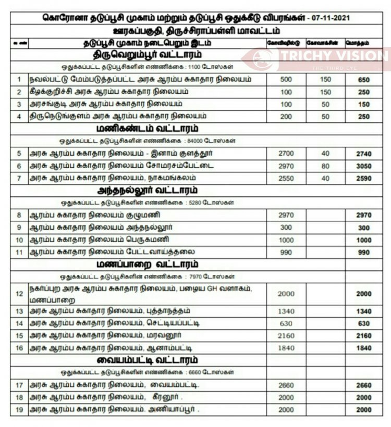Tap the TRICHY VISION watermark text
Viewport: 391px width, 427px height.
pyautogui.click(x=334, y=56)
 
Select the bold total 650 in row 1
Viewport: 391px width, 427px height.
pyautogui.click(x=364, y=80)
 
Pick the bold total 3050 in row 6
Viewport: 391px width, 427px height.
pyautogui.click(x=364, y=166)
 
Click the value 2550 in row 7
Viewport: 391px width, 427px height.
pyautogui.click(x=286, y=178)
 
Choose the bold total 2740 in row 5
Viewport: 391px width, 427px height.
pyautogui.click(x=364, y=154)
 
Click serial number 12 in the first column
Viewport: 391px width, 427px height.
pyautogui.click(x=19, y=294)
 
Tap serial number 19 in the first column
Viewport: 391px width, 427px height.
pyautogui.click(x=19, y=410)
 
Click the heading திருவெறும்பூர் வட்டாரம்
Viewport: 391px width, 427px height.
pyautogui.click(x=148, y=54)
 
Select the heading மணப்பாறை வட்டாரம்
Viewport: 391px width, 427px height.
pyautogui.click(x=148, y=264)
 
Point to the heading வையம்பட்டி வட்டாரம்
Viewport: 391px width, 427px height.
pyautogui.click(x=148, y=360)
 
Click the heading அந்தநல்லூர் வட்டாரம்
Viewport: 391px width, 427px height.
pyautogui.click(x=148, y=190)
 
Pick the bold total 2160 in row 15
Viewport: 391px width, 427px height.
pyautogui.click(x=364, y=336)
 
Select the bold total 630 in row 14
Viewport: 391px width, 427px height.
pyautogui.click(x=364, y=323)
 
